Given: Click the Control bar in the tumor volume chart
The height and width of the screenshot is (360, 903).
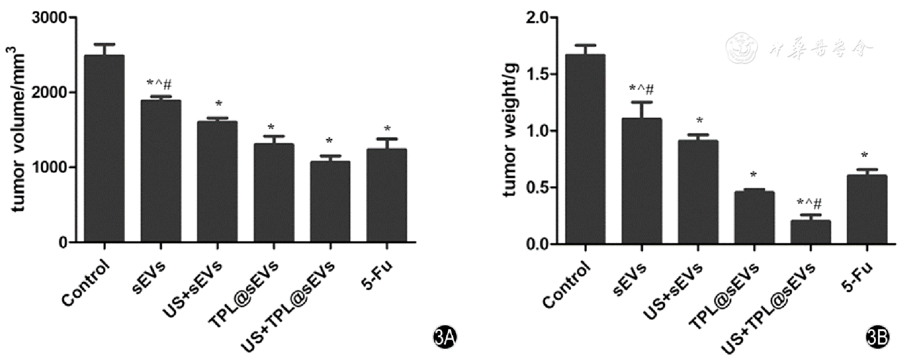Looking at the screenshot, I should pos(104,149).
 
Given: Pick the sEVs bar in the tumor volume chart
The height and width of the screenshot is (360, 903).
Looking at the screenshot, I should pos(161,171).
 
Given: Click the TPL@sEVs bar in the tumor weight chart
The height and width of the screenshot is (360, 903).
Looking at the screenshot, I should pos(754,218).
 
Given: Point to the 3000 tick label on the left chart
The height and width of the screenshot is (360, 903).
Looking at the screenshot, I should pos(50,18).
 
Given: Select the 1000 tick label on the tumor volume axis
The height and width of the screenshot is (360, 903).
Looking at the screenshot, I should pos(50,167).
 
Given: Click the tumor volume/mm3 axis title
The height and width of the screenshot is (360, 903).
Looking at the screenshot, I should pos(19,129).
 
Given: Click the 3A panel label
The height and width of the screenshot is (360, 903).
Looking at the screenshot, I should pos(445,338).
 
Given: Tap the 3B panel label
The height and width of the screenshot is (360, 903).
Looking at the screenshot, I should pos(878,338).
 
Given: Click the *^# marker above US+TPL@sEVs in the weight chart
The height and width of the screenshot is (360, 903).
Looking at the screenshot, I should pos(809,203).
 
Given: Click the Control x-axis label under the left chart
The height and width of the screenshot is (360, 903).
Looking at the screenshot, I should pos(86,283).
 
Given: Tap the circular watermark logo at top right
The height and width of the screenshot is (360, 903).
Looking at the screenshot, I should pos(741,48).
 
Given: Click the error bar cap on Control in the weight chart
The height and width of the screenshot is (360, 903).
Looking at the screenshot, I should pos(586,45).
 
